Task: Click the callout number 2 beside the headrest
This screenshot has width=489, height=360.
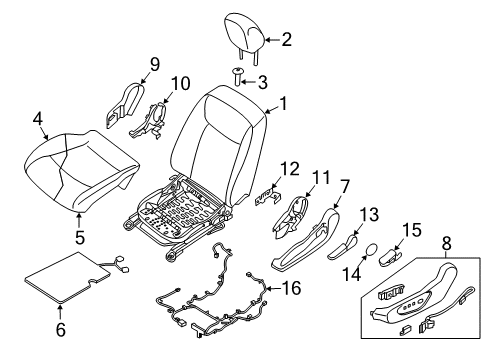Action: [x=286, y=40]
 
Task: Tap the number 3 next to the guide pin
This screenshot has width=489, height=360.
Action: [x=263, y=82]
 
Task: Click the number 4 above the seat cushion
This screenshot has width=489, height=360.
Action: [x=38, y=120]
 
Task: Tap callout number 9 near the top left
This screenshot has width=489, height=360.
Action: [x=154, y=65]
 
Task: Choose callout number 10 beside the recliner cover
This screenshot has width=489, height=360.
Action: [x=179, y=83]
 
